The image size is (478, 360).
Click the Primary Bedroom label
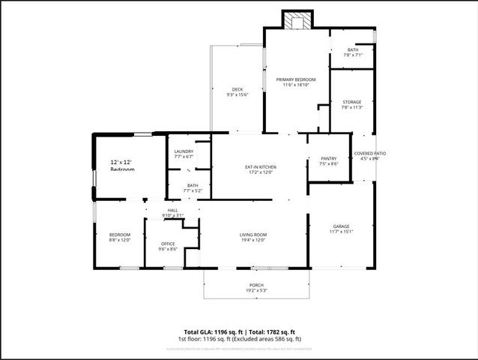click(296, 79)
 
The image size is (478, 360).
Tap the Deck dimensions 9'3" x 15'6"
click(237, 95)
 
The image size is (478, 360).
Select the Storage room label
click(352, 102)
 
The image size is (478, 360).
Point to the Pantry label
click(328, 158)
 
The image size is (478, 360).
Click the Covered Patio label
click(370, 153)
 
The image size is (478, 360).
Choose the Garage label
click(342, 226)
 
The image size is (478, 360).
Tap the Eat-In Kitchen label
click(261, 166)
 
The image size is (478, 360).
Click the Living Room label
click(253, 235)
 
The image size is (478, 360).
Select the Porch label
click(256, 286)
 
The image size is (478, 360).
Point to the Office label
click(169, 244)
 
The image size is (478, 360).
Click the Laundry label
click(184, 151)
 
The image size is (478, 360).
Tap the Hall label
click(172, 210)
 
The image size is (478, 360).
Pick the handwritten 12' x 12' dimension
click(121, 162)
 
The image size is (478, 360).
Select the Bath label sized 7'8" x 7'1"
click(353, 49)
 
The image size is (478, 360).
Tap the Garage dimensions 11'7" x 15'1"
click(342, 232)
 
